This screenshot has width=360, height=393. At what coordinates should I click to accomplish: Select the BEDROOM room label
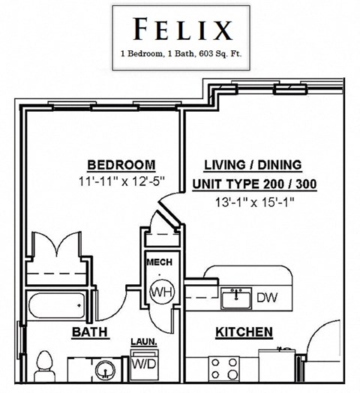(x=121, y=165)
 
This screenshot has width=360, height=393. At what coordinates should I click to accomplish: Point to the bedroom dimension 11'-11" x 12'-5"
(x=121, y=181)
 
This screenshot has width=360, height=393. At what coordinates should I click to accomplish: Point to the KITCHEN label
(x=244, y=331)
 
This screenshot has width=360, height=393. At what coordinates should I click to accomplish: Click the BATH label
(x=88, y=331)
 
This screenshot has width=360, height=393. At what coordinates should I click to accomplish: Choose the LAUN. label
(x=144, y=342)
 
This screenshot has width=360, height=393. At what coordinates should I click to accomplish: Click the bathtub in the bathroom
(x=57, y=306)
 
